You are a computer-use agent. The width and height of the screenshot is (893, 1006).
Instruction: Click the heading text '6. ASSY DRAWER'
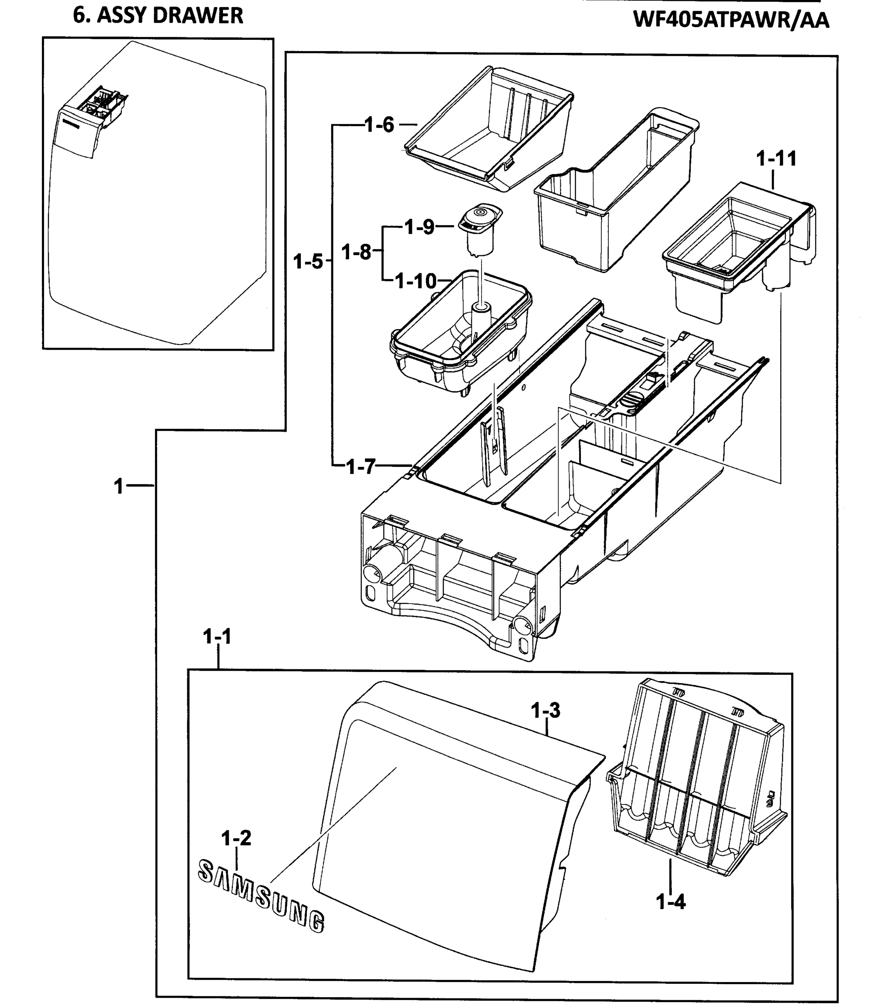158,16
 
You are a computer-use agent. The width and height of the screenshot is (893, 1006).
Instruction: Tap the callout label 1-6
379,125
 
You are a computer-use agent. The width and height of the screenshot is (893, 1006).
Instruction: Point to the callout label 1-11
776,158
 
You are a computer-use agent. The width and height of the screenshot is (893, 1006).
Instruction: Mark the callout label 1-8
356,251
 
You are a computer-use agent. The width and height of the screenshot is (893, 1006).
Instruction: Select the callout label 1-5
308,261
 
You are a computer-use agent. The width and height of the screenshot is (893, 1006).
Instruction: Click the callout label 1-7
361,466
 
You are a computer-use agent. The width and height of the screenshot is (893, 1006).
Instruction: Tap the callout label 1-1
217,637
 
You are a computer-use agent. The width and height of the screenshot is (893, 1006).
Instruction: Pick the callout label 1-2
236,837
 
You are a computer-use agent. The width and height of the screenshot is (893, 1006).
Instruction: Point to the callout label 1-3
546,710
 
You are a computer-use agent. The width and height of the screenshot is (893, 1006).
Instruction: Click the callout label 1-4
670,902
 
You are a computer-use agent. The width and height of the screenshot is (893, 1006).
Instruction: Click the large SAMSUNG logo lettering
261,896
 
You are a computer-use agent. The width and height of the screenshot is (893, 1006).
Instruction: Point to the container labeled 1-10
460,334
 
